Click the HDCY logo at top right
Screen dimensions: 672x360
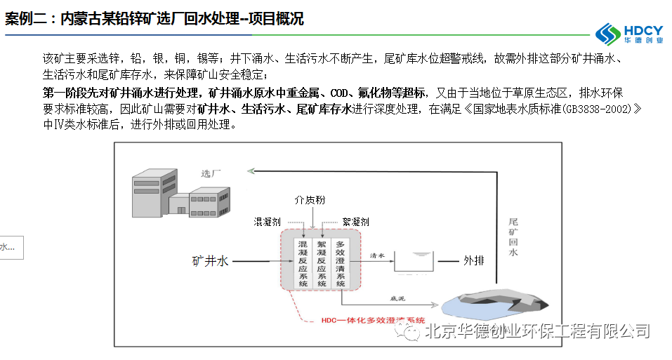tap(628, 32)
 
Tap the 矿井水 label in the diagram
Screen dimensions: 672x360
tap(211, 261)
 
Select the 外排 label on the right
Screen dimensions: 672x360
tap(473, 261)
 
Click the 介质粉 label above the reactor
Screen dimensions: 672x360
tap(310, 201)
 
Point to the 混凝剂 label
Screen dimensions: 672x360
tap(267, 221)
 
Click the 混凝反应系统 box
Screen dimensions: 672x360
tap(303, 262)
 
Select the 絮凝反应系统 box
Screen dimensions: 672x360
tap(321, 262)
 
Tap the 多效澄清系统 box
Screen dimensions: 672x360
tap(341, 262)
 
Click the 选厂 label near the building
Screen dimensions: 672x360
tap(211, 173)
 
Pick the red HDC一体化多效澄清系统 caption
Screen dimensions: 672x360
tap(372, 320)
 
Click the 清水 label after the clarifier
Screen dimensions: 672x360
tap(377, 256)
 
